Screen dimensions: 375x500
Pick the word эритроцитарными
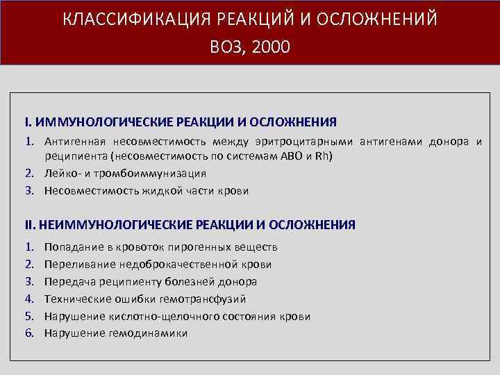(x=312, y=142)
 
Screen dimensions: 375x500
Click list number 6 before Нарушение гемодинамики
(x=30, y=333)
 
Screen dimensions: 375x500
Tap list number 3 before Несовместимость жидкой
(x=30, y=190)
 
